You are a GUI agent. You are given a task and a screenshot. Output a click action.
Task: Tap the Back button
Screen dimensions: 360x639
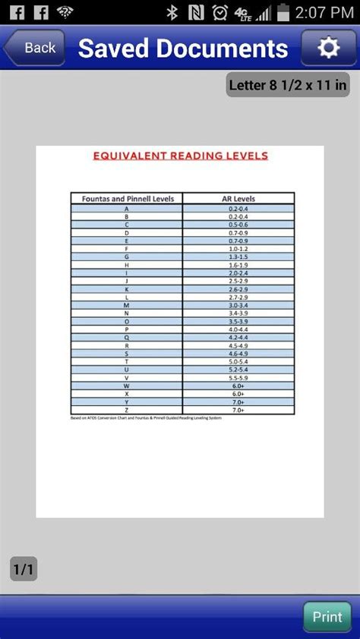(33, 48)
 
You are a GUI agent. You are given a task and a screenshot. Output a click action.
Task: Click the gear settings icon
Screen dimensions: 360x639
(328, 48)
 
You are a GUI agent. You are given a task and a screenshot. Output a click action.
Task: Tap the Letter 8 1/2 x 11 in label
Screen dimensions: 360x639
(288, 85)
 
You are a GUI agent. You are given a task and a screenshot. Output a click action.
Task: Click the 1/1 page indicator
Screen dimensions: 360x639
(24, 568)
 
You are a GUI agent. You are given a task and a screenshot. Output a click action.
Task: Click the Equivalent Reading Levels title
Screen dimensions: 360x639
(180, 156)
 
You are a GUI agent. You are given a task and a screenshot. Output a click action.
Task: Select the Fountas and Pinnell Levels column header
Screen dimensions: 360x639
(127, 198)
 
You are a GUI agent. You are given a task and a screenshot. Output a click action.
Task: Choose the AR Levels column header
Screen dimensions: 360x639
(238, 198)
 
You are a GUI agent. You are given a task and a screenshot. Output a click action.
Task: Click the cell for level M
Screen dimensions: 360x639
(127, 305)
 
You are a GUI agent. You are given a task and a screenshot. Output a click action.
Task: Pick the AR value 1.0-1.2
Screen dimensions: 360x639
(238, 248)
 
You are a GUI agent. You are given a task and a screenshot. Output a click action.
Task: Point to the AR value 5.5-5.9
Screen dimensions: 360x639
(238, 378)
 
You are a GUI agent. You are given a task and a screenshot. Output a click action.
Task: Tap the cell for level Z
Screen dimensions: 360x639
(127, 410)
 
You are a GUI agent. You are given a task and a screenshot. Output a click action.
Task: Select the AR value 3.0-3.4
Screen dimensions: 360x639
(238, 305)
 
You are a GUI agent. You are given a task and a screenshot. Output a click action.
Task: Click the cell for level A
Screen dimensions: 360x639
(127, 208)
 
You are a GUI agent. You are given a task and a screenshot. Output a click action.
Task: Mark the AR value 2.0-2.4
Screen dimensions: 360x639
(238, 272)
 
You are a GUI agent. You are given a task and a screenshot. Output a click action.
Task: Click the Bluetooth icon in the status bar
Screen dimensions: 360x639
(172, 12)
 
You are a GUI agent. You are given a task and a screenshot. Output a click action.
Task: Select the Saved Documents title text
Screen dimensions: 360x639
(183, 49)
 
